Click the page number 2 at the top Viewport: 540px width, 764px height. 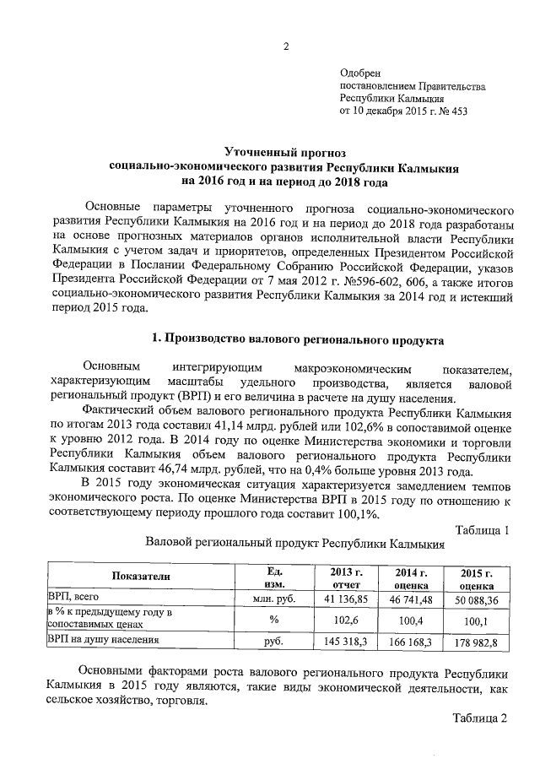285,46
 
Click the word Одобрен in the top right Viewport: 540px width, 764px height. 358,74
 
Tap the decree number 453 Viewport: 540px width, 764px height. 456,111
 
